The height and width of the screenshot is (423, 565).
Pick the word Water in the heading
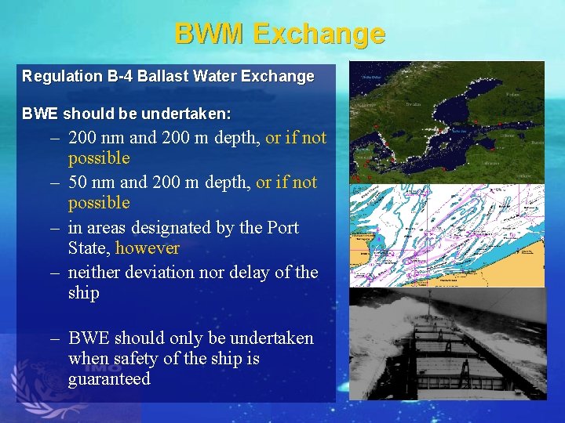[211, 77]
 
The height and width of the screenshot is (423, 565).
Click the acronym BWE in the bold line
[40, 114]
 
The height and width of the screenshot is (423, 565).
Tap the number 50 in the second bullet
[78, 183]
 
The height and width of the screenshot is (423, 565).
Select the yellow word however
[148, 248]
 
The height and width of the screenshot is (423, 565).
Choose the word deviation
[159, 273]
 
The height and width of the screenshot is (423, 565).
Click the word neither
[94, 273]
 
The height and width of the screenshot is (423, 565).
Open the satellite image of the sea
[447, 122]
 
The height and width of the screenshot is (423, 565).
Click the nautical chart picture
[447, 235]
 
